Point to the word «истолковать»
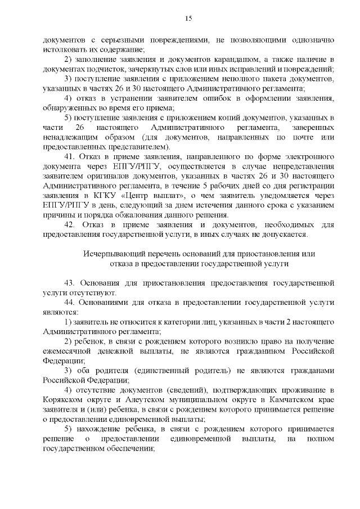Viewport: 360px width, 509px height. tap(64, 49)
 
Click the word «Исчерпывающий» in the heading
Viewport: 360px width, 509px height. tap(111, 254)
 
